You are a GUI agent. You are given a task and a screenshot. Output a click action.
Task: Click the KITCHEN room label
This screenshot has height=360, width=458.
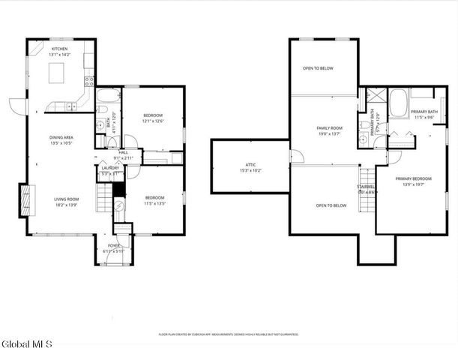point(59,49)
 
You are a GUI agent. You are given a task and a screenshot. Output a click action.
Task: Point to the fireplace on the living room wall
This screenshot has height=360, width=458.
point(24,199)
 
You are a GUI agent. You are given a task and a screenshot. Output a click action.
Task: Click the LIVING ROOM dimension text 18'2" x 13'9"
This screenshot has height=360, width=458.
point(66,204)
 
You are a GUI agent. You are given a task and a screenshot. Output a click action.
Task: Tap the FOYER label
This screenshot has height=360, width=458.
point(114,245)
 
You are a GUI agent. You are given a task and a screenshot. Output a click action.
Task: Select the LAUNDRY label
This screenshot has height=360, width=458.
point(110,167)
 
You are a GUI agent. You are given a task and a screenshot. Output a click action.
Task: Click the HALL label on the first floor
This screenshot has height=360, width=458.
point(123,152)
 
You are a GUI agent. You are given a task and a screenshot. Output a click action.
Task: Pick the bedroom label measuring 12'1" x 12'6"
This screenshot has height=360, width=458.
point(153,116)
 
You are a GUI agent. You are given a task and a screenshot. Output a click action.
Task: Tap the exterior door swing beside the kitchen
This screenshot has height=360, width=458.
point(18,106)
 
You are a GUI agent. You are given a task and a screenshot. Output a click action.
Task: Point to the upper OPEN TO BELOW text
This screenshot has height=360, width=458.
point(318,68)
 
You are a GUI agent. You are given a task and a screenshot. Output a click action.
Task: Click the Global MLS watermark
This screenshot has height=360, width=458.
point(27,344)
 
